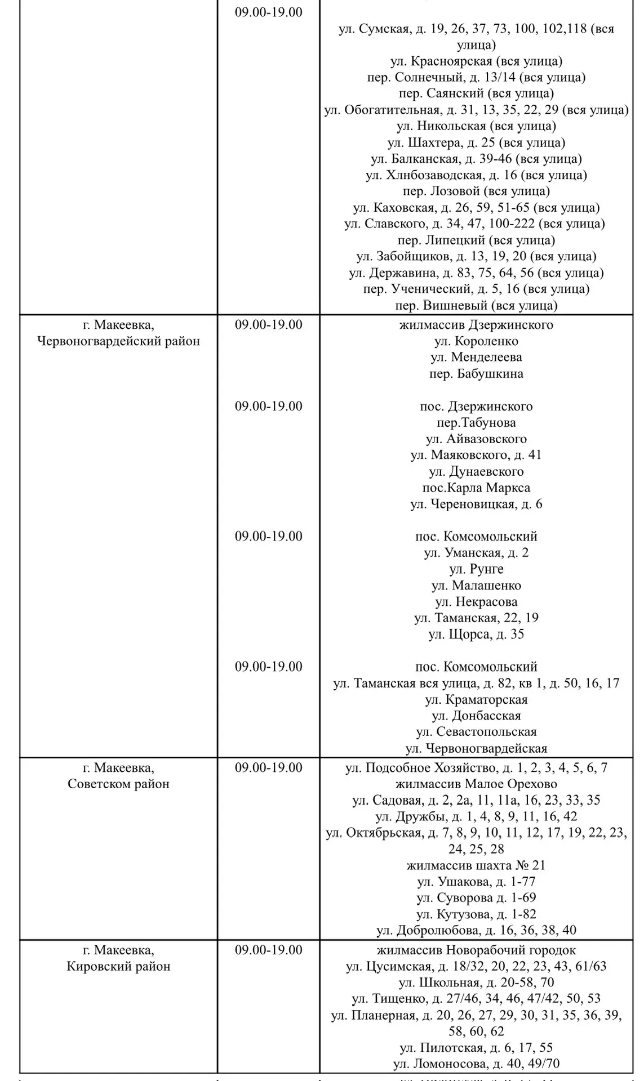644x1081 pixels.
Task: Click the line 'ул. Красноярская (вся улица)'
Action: (476, 61)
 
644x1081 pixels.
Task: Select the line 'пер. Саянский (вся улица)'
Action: (476, 93)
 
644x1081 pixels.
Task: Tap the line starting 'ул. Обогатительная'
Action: (476, 110)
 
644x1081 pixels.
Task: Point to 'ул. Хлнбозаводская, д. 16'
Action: (476, 175)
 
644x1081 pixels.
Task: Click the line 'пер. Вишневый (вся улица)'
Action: (476, 306)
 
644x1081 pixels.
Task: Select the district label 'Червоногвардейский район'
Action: (118, 341)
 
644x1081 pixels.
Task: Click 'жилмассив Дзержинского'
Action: (476, 325)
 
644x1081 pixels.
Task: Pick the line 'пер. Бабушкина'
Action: (476, 374)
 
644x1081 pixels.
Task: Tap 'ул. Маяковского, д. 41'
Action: (476, 455)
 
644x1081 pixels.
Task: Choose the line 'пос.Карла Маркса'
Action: (476, 488)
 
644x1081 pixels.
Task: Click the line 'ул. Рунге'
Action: (476, 569)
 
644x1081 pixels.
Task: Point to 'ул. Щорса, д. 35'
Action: (476, 635)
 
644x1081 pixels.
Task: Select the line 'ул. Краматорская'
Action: (476, 700)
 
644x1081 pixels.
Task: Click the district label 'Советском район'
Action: (118, 784)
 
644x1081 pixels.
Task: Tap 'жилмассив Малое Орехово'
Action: (476, 784)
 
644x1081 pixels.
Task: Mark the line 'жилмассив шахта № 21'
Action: (476, 865)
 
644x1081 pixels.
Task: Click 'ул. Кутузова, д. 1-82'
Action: (476, 914)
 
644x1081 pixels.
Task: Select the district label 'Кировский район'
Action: (118, 966)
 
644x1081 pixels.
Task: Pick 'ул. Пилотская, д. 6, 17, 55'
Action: (476, 1048)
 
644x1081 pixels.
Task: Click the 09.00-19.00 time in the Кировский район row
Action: (268, 950)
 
